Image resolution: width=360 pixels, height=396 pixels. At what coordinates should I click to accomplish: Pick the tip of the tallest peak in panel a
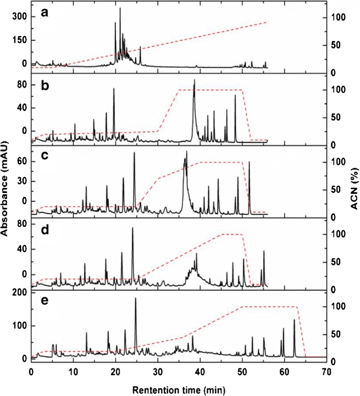[120, 8]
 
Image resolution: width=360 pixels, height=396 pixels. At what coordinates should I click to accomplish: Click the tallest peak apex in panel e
[135, 298]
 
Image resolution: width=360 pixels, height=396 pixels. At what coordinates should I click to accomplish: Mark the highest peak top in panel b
[194, 80]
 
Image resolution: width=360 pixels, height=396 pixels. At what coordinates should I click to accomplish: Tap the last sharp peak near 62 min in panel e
[294, 320]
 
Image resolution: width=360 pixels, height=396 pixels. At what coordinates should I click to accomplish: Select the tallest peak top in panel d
[132, 228]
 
